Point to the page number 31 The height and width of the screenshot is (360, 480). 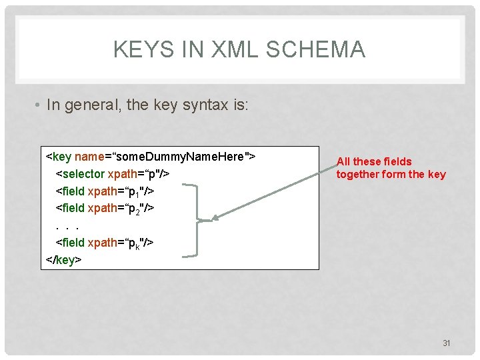click(447, 343)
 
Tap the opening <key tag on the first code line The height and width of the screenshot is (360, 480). click(59, 157)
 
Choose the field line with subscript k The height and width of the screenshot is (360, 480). click(105, 243)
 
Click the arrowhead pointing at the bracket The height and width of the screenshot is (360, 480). click(215, 217)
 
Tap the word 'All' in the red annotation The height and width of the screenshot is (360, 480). click(344, 161)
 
